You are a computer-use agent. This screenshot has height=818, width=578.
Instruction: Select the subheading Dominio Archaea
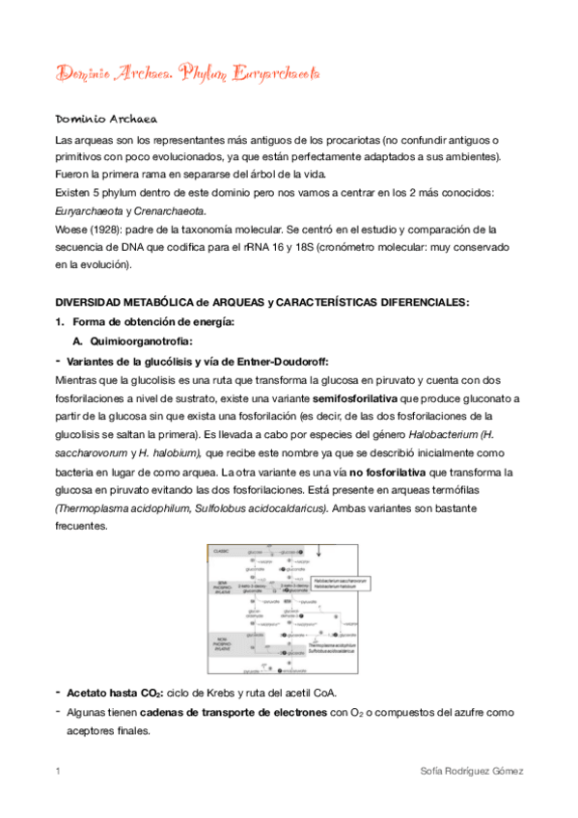click(x=106, y=120)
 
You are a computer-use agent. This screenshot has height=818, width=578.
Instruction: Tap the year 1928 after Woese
click(x=107, y=230)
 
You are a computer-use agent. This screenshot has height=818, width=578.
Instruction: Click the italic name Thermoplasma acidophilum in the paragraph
click(x=114, y=508)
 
